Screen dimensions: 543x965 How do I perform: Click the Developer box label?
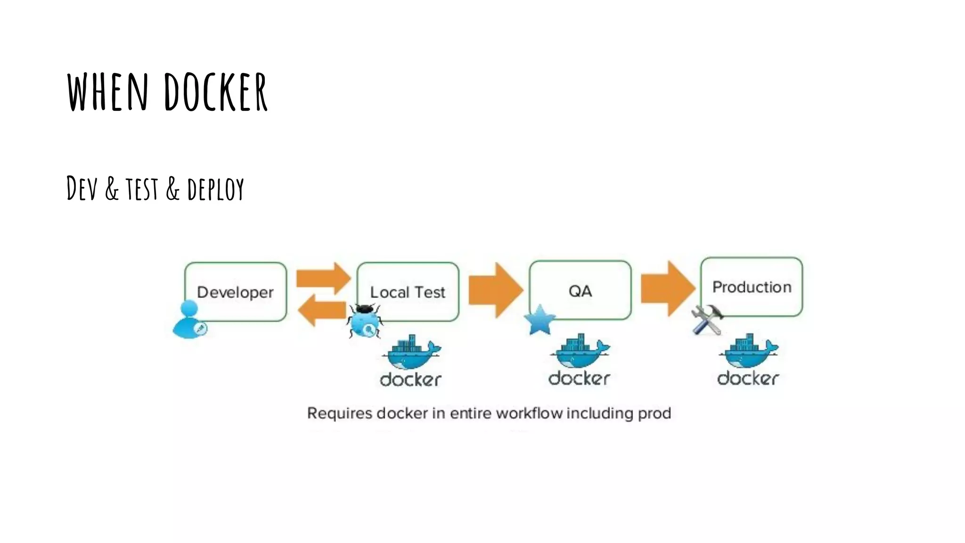point(235,292)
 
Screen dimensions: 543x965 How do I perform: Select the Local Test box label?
point(408,292)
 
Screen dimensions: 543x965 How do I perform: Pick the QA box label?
point(580,291)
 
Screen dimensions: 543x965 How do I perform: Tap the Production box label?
point(752,287)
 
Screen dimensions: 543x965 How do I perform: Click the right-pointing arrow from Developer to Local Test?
point(323,278)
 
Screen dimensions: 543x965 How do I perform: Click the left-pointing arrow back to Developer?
point(322,310)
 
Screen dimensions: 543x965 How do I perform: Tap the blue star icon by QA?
point(540,320)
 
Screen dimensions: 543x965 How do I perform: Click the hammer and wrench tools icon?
point(707,320)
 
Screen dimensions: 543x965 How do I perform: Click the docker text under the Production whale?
point(748,378)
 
